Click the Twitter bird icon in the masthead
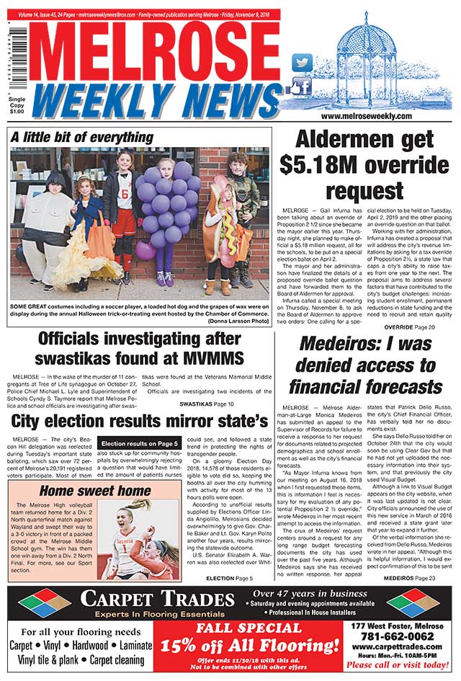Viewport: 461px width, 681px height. [x=303, y=63]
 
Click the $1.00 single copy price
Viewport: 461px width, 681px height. [x=15, y=111]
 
